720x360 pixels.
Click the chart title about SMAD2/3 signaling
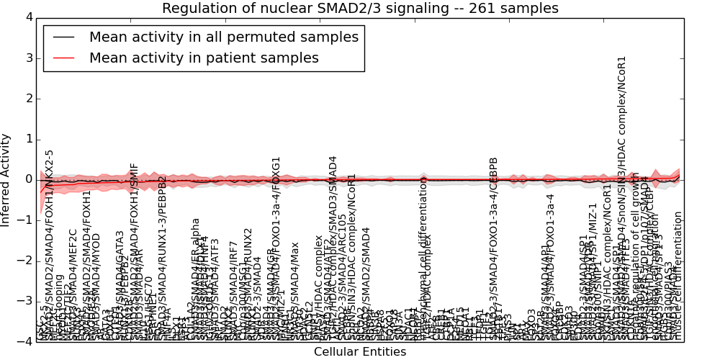click(360, 9)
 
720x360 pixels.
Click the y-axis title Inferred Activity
click(6, 180)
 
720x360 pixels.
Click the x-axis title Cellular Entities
click(360, 352)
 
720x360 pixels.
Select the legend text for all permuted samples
click(223, 37)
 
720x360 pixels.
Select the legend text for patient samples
click(204, 58)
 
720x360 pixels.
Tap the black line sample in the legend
click(63, 37)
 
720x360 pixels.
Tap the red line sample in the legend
click(63, 58)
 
